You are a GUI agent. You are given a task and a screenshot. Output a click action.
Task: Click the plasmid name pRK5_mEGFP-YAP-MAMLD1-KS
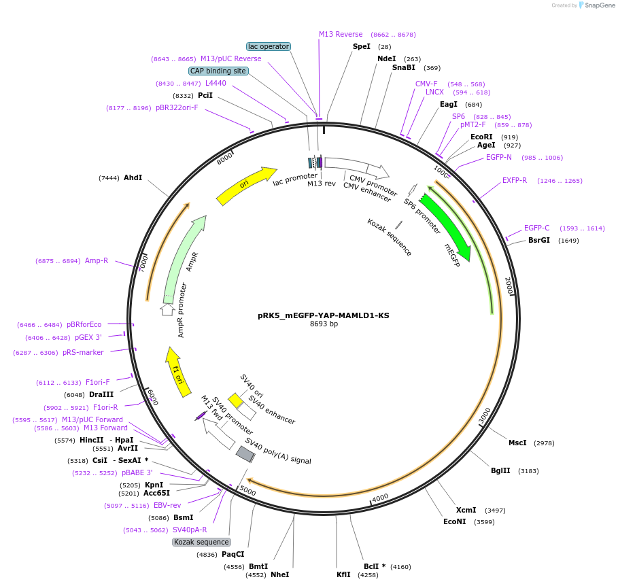click(x=324, y=315)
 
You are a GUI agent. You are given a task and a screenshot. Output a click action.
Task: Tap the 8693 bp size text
click(x=324, y=324)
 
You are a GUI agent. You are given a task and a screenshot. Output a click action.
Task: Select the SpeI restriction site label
click(x=362, y=46)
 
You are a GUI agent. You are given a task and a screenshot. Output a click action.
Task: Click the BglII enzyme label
click(x=500, y=470)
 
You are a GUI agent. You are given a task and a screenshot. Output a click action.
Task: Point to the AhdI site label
click(x=133, y=177)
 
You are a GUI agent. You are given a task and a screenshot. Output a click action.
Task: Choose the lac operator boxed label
click(x=269, y=46)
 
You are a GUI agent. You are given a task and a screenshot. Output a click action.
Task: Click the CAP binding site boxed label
click(x=218, y=71)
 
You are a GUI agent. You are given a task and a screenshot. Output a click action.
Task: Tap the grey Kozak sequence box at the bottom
click(x=201, y=542)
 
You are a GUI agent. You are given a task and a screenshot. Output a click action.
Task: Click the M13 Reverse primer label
click(x=341, y=34)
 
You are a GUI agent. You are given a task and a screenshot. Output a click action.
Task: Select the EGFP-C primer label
click(x=536, y=228)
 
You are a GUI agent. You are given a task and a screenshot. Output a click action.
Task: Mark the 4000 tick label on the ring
click(x=380, y=497)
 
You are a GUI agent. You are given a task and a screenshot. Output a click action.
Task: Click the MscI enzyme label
click(x=517, y=443)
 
